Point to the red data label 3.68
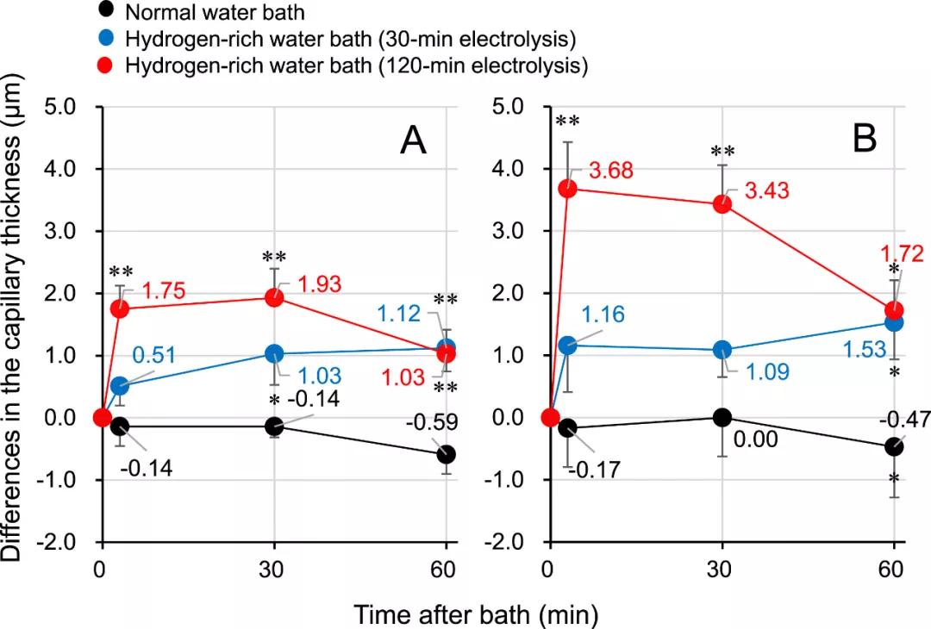(610, 171)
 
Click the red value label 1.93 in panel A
(320, 283)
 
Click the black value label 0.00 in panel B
(757, 440)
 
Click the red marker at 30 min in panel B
(722, 204)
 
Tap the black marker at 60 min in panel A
(447, 454)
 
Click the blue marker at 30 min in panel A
(274, 353)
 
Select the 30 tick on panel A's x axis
(273, 570)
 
